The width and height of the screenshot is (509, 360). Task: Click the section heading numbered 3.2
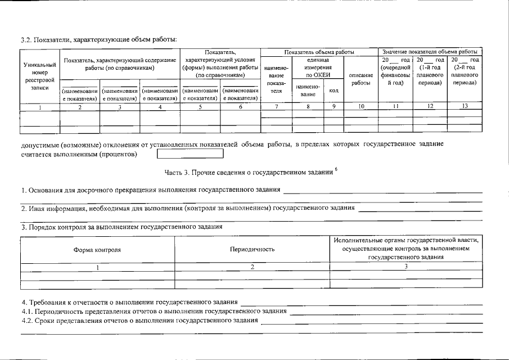tap(99, 39)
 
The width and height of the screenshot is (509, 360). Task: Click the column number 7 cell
tap(276, 106)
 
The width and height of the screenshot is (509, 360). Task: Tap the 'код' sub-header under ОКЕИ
tap(334, 91)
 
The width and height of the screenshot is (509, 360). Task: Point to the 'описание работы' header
tap(361, 79)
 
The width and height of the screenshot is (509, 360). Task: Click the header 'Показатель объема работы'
tap(319, 52)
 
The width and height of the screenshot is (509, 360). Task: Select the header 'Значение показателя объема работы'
tap(430, 52)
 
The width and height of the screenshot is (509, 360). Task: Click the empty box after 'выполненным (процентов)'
tap(190, 154)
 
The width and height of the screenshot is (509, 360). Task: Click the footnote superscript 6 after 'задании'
tap(336, 169)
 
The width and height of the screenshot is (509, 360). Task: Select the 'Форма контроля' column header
tap(97, 249)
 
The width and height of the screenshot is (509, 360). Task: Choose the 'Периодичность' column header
tap(252, 249)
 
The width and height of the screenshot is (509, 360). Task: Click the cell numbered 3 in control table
tap(406, 267)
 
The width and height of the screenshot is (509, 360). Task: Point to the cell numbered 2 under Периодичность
tap(252, 267)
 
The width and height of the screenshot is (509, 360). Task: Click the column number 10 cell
tap(361, 106)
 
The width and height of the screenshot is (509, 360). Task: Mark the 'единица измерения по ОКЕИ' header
tap(317, 67)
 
